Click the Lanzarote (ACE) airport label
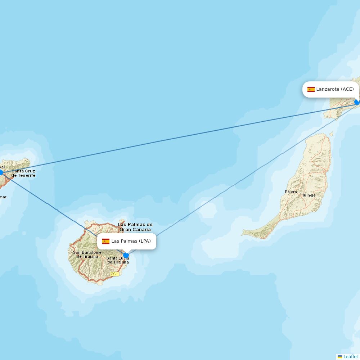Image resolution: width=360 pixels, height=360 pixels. (x=331, y=89)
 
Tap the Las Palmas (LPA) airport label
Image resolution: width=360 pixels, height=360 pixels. (x=127, y=241)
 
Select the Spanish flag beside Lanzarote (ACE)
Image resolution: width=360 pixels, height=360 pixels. (x=311, y=89)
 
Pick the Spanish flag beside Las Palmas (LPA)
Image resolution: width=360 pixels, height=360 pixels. (x=106, y=241)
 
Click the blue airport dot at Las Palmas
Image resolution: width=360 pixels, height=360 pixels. (x=126, y=255)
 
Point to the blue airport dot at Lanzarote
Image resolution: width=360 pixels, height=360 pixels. (x=357, y=102)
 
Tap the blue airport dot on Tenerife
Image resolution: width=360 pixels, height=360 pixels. (x=1, y=172)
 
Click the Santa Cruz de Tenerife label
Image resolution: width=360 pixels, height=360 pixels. (x=23, y=173)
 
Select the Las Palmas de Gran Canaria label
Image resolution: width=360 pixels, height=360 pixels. (x=135, y=227)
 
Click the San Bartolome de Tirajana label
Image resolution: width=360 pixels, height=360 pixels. (x=87, y=254)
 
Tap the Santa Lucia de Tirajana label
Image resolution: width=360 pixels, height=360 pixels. (x=118, y=260)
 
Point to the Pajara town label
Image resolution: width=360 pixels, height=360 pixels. (x=291, y=192)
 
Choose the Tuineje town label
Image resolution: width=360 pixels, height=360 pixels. (x=309, y=195)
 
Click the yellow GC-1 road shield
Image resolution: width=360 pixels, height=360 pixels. (x=114, y=274)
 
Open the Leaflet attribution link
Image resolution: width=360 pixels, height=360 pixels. (x=351, y=357)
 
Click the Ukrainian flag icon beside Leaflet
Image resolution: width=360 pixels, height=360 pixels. (x=340, y=357)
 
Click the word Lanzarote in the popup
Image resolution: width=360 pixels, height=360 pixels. (x=328, y=89)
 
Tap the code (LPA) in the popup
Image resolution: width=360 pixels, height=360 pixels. (x=145, y=241)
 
